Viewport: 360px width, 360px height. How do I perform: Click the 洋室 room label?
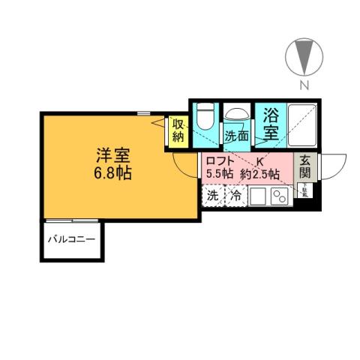tap(113, 157)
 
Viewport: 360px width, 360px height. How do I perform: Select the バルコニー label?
tap(71, 241)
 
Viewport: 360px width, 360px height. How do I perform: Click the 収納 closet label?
tap(178, 130)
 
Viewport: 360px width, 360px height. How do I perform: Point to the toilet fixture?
tap(205, 117)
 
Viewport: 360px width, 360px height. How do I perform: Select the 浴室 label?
tap(270, 124)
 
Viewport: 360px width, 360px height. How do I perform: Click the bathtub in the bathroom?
tap(301, 124)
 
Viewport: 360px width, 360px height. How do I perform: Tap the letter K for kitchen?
tap(260, 161)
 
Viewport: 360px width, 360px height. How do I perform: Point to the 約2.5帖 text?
tap(262, 174)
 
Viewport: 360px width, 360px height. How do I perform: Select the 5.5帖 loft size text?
tap(220, 174)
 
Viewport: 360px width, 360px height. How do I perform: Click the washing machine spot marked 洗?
tap(213, 196)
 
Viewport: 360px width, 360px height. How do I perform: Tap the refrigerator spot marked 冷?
tap(235, 196)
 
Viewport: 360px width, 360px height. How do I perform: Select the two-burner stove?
tap(279, 196)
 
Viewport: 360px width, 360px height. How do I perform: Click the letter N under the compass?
tap(304, 85)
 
